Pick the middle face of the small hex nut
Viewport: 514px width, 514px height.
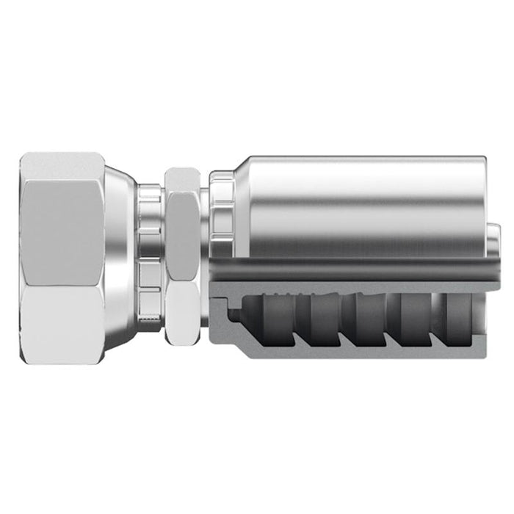tap(182, 239)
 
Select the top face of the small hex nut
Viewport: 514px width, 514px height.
tap(182, 180)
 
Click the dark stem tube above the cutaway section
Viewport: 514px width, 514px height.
tap(352, 270)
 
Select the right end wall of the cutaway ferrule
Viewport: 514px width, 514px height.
tap(474, 323)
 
